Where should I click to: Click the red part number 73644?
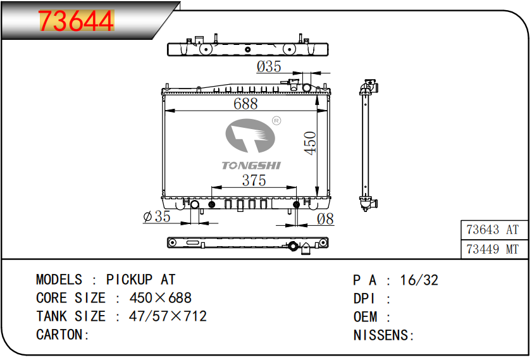(77, 21)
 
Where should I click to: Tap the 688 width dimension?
(245, 104)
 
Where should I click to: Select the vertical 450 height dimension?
(310, 143)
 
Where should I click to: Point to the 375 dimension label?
(254, 180)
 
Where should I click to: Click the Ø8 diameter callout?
(325, 219)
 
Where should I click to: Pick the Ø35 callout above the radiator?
(269, 66)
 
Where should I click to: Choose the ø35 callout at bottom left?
(157, 216)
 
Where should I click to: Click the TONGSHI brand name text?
(251, 166)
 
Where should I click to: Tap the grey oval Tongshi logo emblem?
(250, 135)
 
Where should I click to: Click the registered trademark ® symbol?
(276, 120)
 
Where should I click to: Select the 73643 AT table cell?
(493, 230)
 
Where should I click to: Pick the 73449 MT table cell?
(493, 249)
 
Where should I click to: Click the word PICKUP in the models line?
(129, 280)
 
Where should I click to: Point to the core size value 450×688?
(161, 298)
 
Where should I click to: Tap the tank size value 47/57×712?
(168, 316)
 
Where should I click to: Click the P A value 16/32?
(419, 280)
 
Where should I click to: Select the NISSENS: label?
(384, 335)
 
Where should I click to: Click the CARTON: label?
(63, 335)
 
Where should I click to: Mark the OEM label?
(365, 317)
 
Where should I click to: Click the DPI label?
(364, 299)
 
